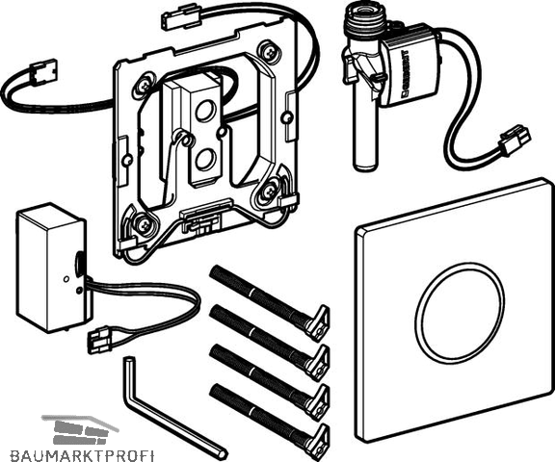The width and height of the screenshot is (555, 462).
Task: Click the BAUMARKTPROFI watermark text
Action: pos(82,455)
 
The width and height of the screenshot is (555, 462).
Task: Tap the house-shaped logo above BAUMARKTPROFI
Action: pos(80,429)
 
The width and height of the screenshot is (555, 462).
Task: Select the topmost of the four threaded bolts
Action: pos(270,298)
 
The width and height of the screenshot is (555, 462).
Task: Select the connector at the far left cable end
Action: pos(43,71)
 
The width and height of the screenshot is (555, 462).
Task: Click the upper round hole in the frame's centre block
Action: pos(205,110)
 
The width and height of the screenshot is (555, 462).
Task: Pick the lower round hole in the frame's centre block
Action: pos(204,159)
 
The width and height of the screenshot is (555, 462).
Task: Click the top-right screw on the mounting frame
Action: pos(270,51)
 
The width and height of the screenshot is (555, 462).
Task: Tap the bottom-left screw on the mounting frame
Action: pos(143,223)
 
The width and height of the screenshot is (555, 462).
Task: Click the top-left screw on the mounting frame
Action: pos(145,84)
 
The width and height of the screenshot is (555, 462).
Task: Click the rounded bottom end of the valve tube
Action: pos(364,166)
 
